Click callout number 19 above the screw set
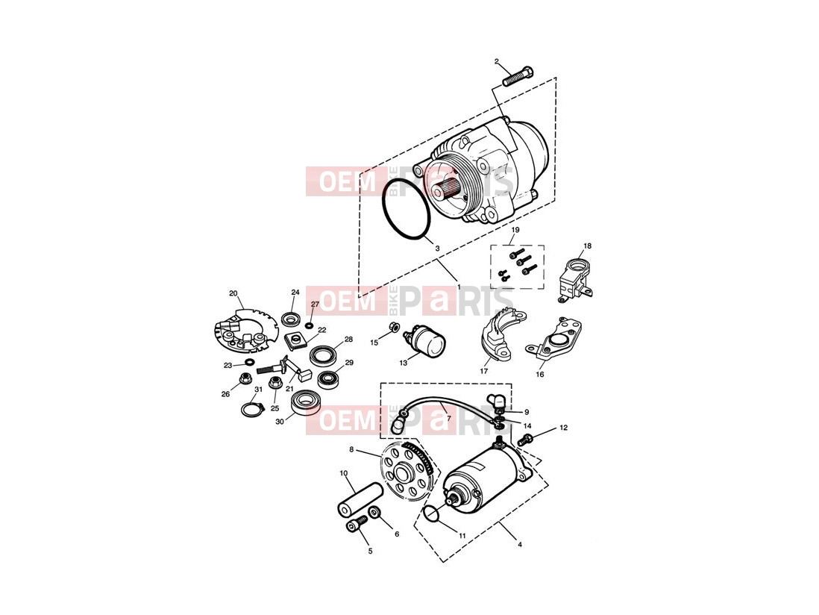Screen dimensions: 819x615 point(515,230)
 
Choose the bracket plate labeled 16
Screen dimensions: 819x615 point(556,339)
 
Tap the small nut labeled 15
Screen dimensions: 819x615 point(395,328)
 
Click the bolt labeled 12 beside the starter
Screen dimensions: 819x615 point(525,439)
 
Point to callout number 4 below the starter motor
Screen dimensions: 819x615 point(520,544)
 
